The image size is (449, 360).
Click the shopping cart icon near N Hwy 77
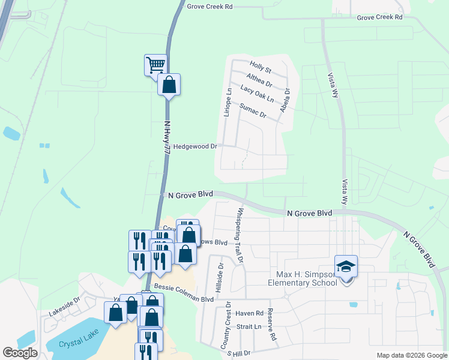click(155, 64)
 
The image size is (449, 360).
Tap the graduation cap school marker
click(346, 266)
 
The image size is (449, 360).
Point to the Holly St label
click(261, 70)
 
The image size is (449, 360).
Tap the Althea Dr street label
click(259, 80)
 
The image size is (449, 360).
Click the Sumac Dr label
click(252, 110)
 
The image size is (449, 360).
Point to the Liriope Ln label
click(228, 102)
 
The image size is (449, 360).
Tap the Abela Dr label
click(286, 100)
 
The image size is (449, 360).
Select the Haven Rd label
click(250, 313)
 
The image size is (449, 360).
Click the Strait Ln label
click(249, 327)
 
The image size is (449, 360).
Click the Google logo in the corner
click(20, 353)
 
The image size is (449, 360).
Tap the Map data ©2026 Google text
click(411, 355)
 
